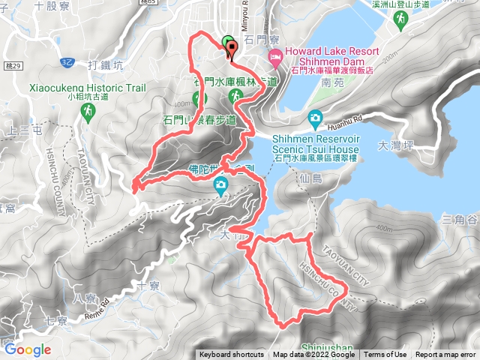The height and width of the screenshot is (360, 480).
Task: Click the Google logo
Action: (x=27, y=349)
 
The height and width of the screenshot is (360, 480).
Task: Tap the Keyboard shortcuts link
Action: (x=231, y=355)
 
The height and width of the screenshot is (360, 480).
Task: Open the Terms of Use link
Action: (x=385, y=355)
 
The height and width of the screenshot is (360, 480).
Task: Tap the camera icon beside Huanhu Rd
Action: (x=315, y=118)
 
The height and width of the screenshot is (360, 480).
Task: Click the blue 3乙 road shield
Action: (x=68, y=59)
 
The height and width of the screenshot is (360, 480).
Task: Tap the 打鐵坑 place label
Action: (x=105, y=64)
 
